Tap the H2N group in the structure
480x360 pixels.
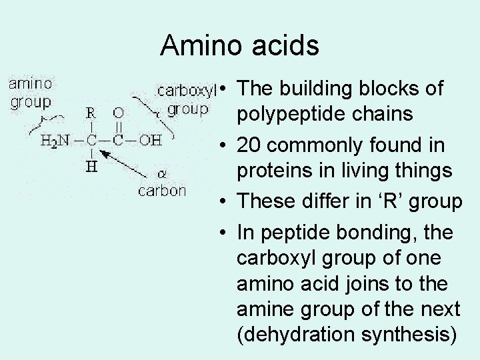pyautogui.click(x=55, y=141)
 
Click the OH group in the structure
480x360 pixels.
pyautogui.click(x=150, y=141)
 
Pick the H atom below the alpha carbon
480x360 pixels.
pyautogui.click(x=91, y=167)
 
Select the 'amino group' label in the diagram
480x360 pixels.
pyautogui.click(x=31, y=93)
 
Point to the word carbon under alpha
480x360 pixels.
pyautogui.click(x=162, y=191)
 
